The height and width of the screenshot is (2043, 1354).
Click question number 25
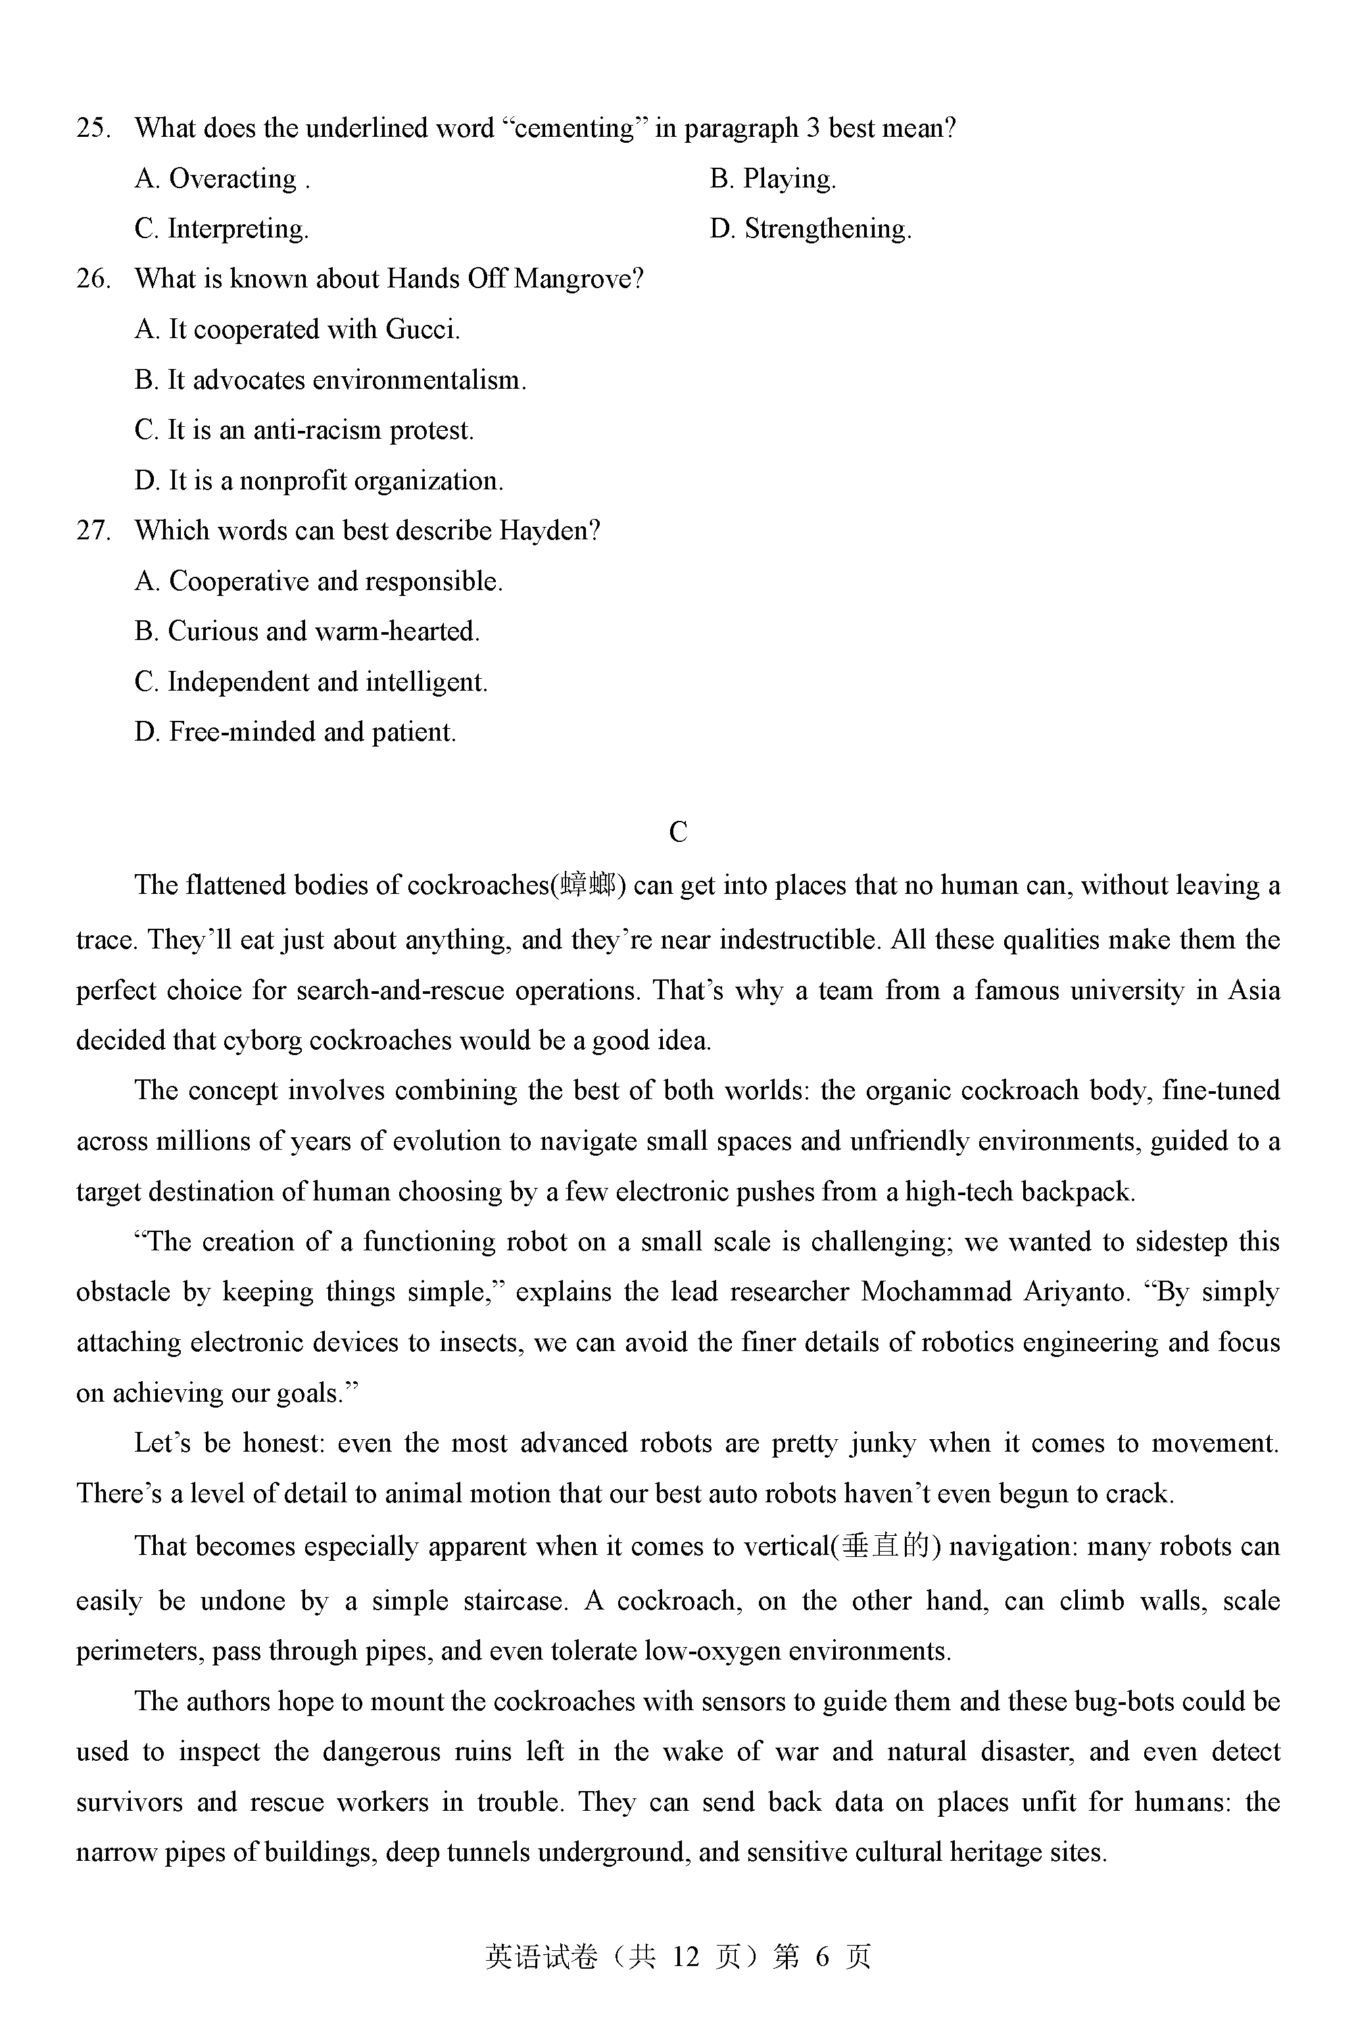(93, 129)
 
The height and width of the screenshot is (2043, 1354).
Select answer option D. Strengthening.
(810, 229)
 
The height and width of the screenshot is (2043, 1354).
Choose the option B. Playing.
(772, 179)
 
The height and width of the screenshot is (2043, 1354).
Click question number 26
(93, 279)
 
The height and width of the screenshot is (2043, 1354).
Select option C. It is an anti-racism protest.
(304, 430)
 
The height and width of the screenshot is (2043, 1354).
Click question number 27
(93, 530)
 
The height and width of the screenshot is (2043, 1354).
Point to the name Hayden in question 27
(548, 530)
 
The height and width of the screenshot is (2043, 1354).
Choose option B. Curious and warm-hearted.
(306, 631)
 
